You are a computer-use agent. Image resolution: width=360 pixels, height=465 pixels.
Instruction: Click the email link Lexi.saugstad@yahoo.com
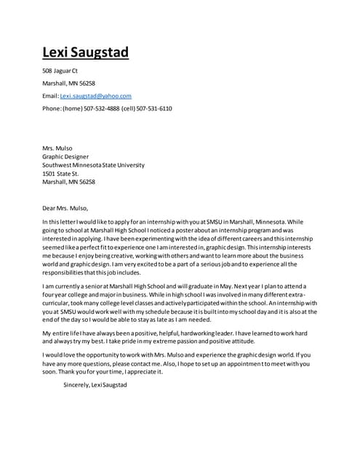95,96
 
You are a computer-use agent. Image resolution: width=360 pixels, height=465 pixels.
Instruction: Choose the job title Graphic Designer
65,156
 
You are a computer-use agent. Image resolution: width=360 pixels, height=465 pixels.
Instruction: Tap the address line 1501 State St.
60,174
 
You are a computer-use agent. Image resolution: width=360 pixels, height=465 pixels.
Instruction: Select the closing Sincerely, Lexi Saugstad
95,384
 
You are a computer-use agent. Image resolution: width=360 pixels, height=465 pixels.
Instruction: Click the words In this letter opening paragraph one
60,222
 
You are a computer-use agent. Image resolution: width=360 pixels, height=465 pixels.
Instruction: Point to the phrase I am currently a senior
76,286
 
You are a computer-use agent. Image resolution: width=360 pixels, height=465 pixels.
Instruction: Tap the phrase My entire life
63,333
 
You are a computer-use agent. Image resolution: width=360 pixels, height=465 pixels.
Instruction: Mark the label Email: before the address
51,96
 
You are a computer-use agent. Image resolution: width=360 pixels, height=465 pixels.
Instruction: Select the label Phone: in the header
52,108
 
